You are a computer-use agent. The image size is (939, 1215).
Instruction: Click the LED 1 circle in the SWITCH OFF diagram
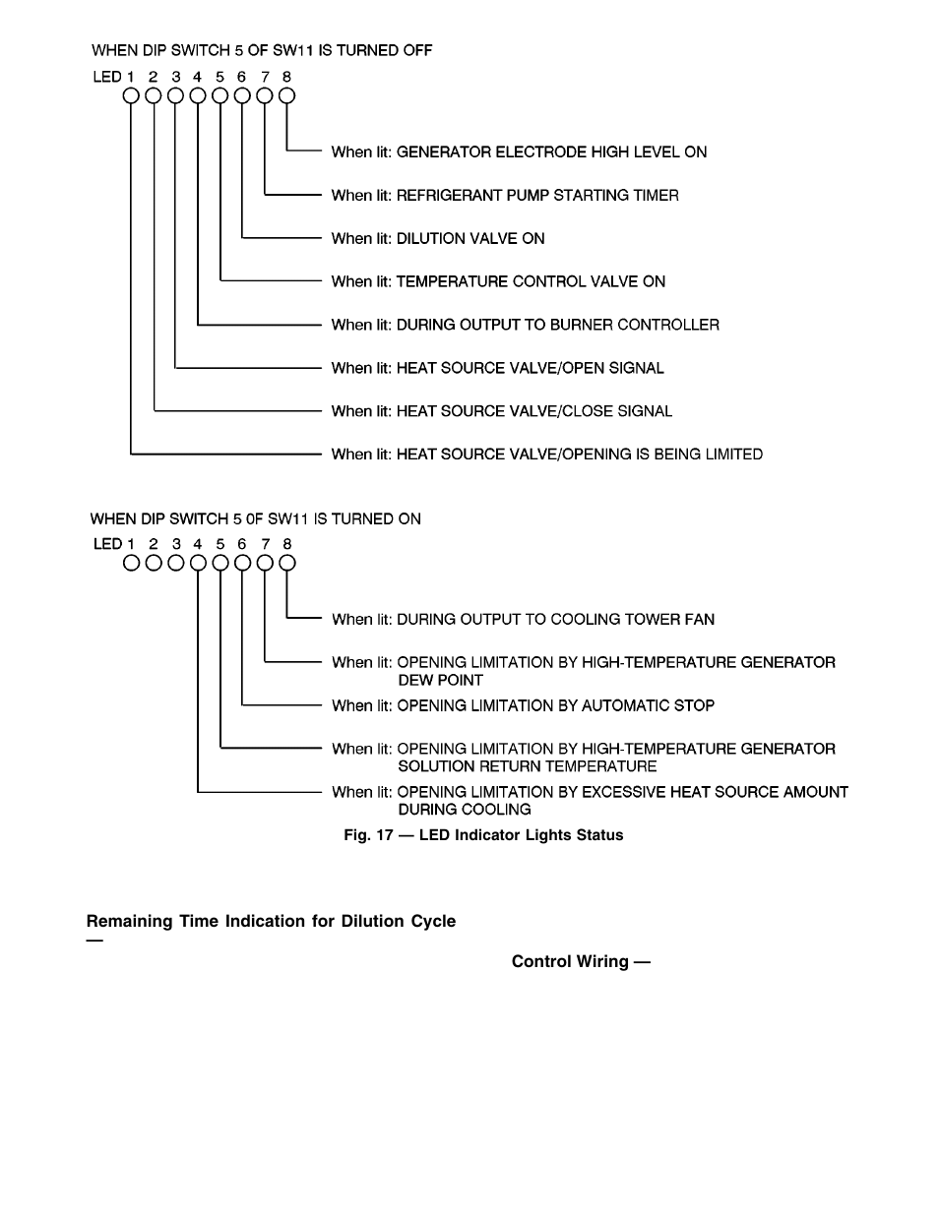[131, 96]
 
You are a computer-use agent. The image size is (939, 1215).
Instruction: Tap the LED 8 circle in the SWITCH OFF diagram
[286, 96]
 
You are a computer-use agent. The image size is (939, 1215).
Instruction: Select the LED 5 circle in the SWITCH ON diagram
[220, 564]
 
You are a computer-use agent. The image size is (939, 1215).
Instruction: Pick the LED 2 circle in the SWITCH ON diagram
[154, 564]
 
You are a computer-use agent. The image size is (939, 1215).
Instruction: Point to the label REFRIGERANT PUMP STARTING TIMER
[537, 196]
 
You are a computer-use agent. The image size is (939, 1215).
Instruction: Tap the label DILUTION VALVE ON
[469, 239]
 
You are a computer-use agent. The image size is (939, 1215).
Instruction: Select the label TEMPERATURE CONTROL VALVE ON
[531, 282]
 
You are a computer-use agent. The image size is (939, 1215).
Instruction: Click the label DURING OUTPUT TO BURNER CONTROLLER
[557, 326]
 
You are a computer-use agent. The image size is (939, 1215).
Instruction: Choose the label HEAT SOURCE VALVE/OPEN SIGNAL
[530, 369]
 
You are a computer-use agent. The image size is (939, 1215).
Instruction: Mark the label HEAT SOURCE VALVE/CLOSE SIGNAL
[533, 412]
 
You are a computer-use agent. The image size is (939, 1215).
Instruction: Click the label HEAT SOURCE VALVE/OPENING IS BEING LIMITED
[579, 455]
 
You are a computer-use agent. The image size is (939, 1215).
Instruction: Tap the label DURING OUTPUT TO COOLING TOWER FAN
[555, 620]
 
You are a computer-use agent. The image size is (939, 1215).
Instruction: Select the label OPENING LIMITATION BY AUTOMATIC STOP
[555, 706]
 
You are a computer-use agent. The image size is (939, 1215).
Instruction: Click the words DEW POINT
[440, 681]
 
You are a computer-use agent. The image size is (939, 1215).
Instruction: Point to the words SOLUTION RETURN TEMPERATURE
[527, 767]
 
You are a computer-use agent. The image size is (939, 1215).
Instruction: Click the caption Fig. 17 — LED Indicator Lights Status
[483, 835]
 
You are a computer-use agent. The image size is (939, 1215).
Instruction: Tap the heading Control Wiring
[580, 962]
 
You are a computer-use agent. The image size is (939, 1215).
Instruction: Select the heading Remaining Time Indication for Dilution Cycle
[271, 922]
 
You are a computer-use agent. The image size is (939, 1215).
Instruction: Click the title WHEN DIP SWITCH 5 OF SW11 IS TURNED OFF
[262, 50]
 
